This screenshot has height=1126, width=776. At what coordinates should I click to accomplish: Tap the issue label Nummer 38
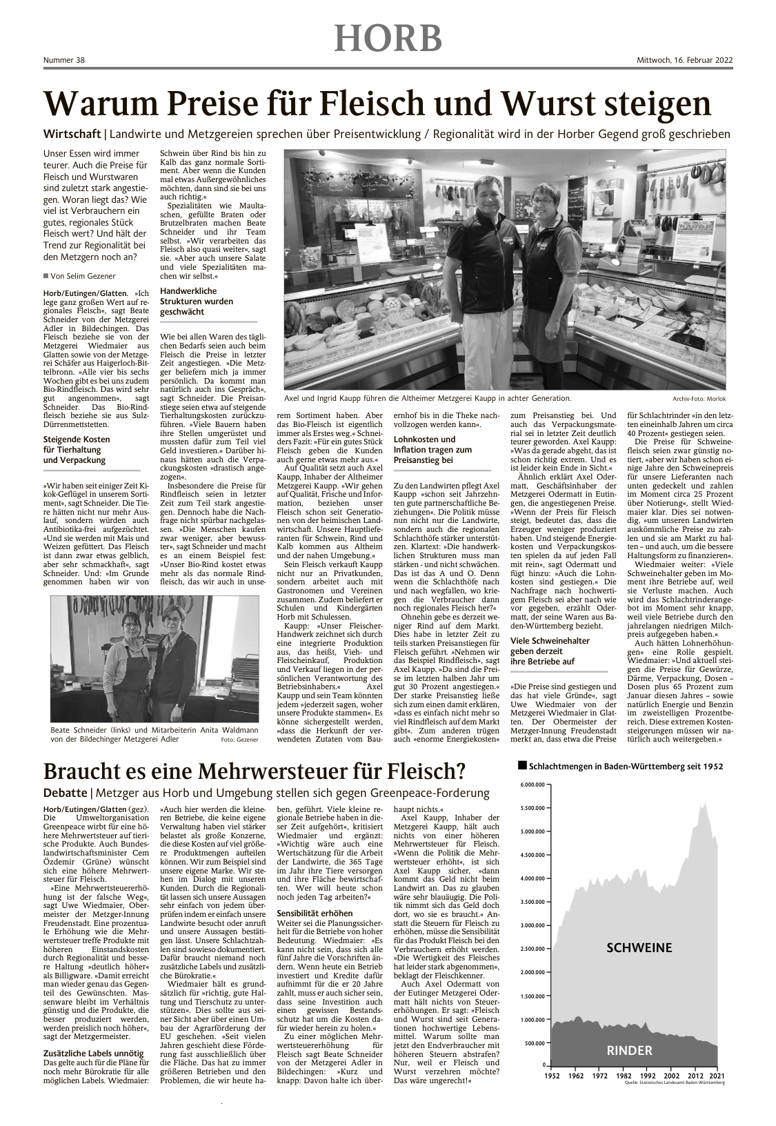[x=63, y=61]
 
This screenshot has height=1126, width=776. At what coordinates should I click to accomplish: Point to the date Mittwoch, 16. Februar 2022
[x=684, y=61]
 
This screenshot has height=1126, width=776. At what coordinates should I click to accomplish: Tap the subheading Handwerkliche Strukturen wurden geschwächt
[x=197, y=302]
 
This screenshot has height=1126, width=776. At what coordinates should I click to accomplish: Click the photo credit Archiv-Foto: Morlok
[x=699, y=399]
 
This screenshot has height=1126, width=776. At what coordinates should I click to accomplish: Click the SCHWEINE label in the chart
[x=639, y=947]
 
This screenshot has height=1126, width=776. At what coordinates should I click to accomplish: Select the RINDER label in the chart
[x=629, y=1051]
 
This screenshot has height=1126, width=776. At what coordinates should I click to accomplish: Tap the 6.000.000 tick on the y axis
[x=532, y=784]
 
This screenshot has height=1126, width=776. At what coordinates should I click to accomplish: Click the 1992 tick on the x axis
[x=647, y=1076]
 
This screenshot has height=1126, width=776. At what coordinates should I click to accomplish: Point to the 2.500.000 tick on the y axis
[x=532, y=949]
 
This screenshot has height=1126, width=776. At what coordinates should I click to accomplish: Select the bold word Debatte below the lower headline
[x=65, y=793]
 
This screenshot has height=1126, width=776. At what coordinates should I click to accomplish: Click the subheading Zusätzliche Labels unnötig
[x=92, y=1053]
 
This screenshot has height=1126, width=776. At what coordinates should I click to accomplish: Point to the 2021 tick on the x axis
[x=717, y=1076]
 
